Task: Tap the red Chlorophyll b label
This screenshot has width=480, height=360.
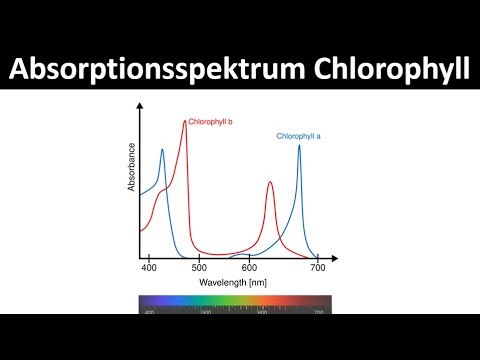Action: coord(210,121)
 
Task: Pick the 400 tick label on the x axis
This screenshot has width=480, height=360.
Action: coord(149,269)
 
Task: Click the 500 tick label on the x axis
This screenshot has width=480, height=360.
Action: coord(200,269)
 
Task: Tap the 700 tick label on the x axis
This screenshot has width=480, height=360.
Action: coord(318,269)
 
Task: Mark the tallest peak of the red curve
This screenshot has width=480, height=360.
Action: coord(185,122)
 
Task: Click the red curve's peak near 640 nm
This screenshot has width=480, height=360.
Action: coord(270,182)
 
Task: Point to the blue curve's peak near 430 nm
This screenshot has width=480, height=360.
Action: coord(163,151)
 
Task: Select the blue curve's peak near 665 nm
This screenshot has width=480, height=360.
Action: coord(298,146)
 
